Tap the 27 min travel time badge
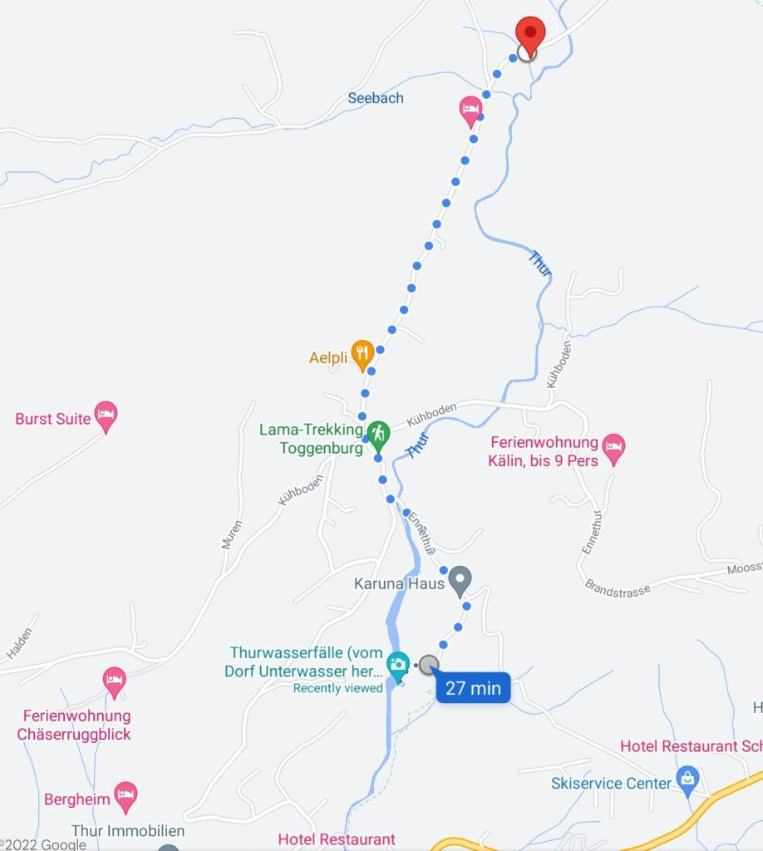[x=473, y=688]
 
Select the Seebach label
[x=376, y=98]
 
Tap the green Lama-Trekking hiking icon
[x=378, y=432]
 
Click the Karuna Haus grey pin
[x=460, y=580]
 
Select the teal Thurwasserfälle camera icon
[x=399, y=664]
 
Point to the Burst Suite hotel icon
[x=106, y=415]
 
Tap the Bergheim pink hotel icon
[x=126, y=794]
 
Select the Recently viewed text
[x=338, y=688]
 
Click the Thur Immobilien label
[x=128, y=831]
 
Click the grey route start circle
[x=428, y=665]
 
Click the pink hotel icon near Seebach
[x=471, y=109]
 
